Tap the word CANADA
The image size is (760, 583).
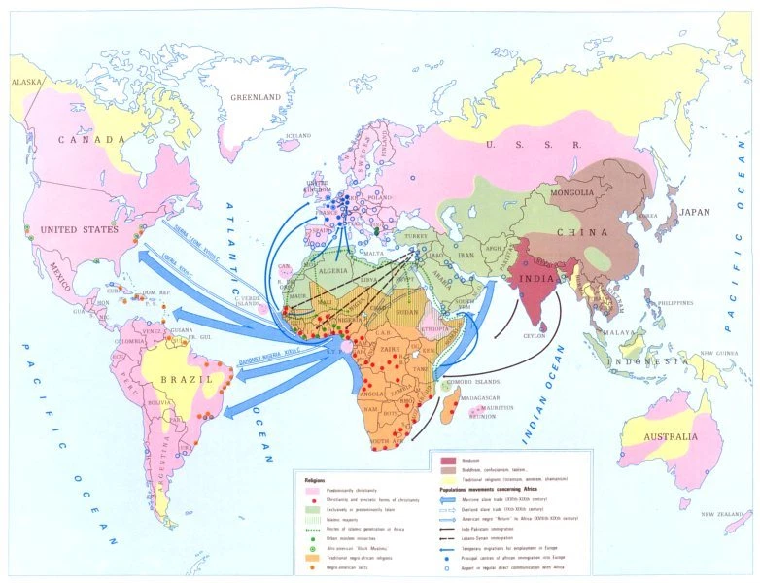click(x=93, y=140)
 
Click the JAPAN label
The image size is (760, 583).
click(x=694, y=213)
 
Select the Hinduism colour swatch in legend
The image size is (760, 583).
click(x=449, y=459)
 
